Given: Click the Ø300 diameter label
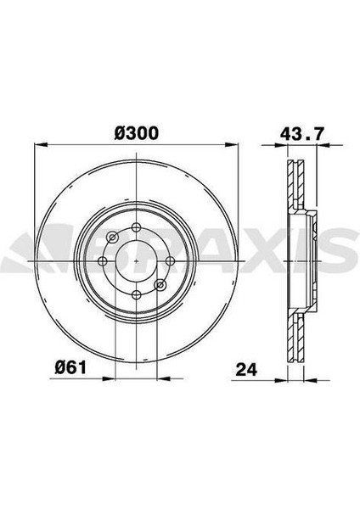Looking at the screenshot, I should coord(136,134).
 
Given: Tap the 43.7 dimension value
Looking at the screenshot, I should coord(301,134).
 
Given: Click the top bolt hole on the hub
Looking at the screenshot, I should coord(136,227).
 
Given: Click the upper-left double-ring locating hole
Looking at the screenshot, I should coord(112,237).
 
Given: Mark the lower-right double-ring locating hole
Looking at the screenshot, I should coord(160,284).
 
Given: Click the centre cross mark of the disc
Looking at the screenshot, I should coord(136,260).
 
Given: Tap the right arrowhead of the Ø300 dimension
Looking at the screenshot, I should coord(234,149).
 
